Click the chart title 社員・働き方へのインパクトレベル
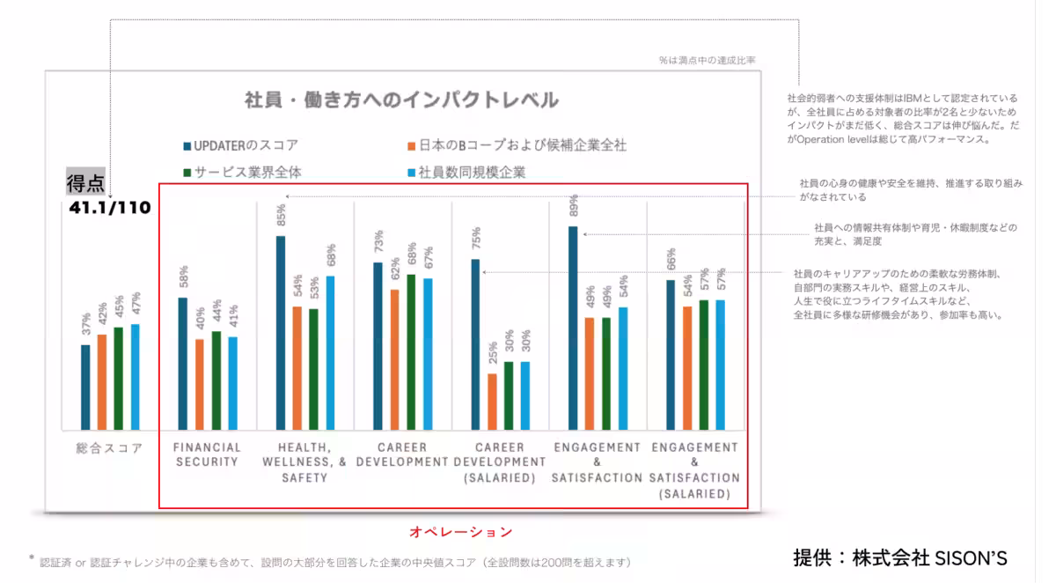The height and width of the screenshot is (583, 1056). (401, 100)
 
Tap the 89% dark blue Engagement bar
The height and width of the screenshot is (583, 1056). (573, 326)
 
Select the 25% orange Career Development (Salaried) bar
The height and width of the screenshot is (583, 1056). (492, 400)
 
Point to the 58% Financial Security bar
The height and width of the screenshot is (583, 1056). (183, 362)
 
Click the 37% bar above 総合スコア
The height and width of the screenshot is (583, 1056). (85, 386)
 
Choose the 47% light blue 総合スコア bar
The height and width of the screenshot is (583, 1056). (136, 375)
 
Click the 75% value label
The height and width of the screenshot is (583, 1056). (476, 239)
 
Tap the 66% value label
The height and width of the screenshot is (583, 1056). (671, 259)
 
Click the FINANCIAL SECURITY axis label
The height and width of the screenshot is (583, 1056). (207, 454)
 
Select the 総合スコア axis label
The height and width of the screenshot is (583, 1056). (109, 448)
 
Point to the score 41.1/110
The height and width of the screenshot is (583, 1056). (110, 209)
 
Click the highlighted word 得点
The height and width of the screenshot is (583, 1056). (86, 183)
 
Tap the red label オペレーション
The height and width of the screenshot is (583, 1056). (460, 531)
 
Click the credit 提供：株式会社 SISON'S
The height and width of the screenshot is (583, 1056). (899, 557)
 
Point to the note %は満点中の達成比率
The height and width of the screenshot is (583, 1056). (707, 60)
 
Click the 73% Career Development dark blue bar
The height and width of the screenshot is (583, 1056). (378, 344)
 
